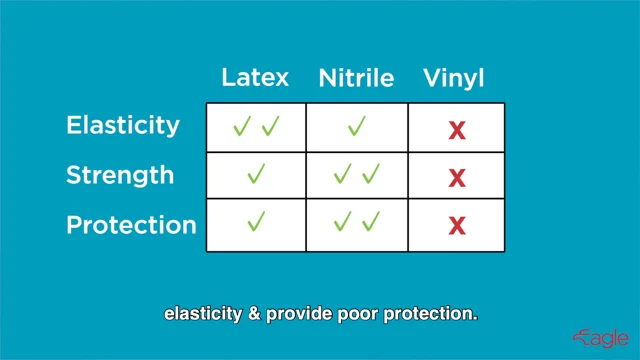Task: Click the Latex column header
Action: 255,77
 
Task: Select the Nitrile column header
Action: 356,77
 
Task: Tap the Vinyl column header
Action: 453,78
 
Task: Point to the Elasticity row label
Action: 123,125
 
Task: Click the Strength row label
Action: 120,176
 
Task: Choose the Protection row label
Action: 131,225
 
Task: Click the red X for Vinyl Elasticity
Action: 457,131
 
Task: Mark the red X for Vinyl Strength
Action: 457,178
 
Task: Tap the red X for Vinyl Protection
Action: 457,226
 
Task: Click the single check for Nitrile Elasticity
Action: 357,125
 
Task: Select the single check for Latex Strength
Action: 256,173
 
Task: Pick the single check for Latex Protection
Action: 256,221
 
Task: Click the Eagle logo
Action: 600,338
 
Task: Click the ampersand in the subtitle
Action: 254,313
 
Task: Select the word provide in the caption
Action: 299,314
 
